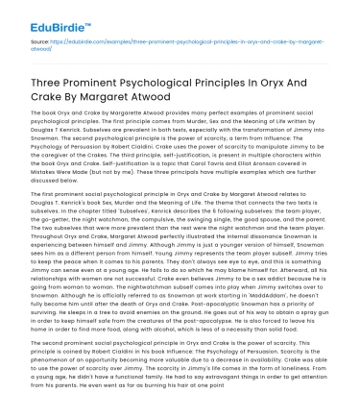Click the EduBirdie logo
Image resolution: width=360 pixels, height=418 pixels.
pyautogui.click(x=44, y=16)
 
